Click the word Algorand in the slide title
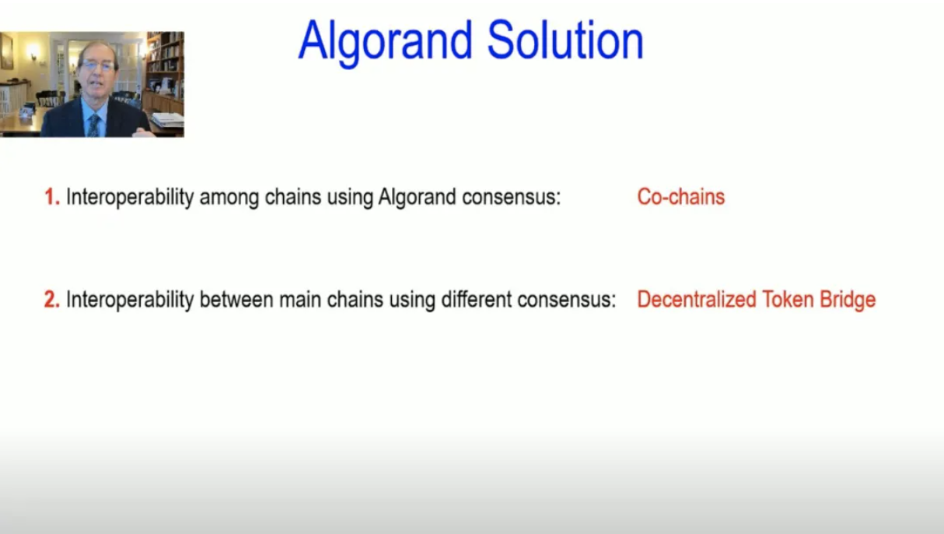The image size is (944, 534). point(386,42)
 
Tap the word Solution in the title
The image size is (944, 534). point(565,40)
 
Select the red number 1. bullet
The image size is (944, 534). point(52,197)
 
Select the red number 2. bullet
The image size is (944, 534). point(52,300)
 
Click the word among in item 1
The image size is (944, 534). point(229,198)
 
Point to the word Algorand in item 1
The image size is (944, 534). point(417,197)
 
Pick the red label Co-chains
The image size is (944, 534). point(680,197)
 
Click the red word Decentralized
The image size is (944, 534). point(696,300)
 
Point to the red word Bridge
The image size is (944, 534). point(848,300)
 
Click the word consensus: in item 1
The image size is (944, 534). point(511,198)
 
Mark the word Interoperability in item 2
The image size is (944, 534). point(130,300)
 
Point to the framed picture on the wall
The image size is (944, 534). point(6,51)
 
